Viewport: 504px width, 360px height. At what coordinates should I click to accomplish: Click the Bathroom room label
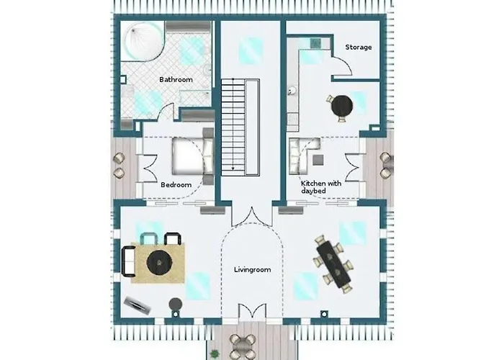point(175,79)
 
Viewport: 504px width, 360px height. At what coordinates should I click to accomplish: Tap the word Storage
point(358,48)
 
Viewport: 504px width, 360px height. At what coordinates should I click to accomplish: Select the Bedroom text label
point(176,185)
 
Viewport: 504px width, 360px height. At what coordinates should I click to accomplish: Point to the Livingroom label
point(252,270)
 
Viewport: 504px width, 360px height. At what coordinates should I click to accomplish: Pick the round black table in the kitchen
point(342,105)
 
